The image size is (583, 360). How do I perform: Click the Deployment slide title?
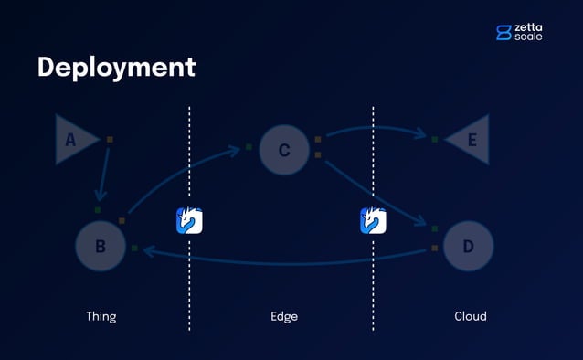click(116, 67)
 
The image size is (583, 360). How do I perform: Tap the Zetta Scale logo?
click(518, 32)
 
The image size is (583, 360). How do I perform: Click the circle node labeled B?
click(101, 245)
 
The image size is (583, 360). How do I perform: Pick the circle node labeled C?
click(284, 150)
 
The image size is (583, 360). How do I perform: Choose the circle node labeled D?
click(468, 246)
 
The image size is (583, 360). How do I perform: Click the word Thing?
click(101, 316)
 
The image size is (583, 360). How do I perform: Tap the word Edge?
click(284, 316)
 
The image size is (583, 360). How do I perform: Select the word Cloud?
click(471, 316)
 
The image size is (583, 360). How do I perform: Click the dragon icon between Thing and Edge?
click(189, 220)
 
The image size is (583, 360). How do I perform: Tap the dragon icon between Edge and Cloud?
click(373, 220)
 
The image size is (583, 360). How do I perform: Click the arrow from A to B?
click(105, 174)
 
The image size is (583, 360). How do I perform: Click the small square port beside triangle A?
click(110, 140)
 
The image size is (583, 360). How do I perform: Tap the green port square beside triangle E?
click(435, 140)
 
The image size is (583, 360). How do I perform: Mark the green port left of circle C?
click(249, 146)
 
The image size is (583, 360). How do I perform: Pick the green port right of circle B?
click(134, 248)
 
